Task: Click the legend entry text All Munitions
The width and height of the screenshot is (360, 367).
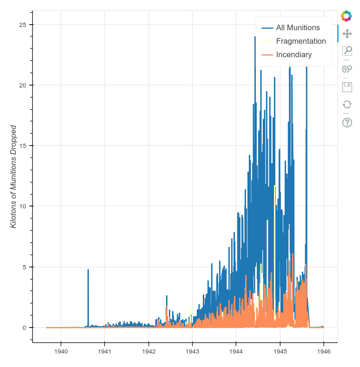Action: click(298, 27)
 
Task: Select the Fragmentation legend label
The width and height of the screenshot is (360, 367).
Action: click(300, 41)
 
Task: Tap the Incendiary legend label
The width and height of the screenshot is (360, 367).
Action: click(293, 54)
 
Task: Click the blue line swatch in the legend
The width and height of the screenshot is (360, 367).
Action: click(267, 27)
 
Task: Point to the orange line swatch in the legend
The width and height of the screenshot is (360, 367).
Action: click(267, 54)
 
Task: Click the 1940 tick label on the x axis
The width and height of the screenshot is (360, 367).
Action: click(61, 351)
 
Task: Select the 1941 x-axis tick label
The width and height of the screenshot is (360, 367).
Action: click(105, 351)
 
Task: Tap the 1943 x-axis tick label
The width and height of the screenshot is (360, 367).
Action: click(192, 351)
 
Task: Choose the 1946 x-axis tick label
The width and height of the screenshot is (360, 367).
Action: click(324, 351)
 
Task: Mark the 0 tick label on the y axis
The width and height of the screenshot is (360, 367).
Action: click(25, 327)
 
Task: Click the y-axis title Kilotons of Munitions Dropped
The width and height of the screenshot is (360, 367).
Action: click(13, 176)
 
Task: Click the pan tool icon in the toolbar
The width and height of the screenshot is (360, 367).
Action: click(347, 33)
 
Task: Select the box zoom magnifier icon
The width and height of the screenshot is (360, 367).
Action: click(347, 51)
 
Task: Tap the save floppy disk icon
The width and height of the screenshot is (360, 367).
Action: click(347, 87)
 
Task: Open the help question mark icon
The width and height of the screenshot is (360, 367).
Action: click(347, 122)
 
